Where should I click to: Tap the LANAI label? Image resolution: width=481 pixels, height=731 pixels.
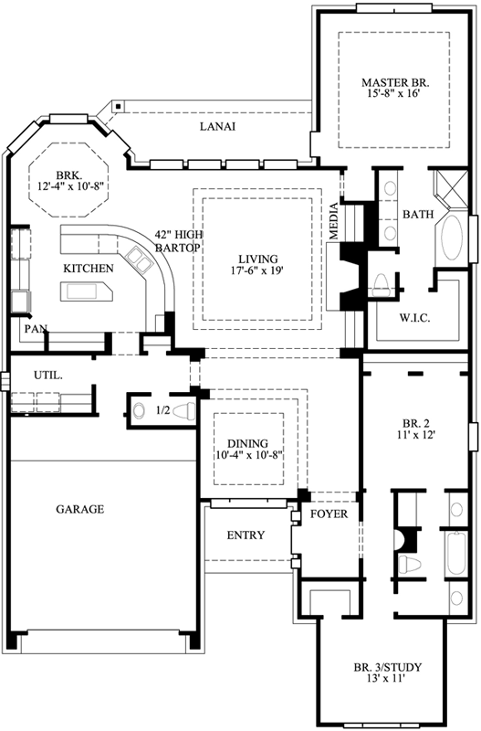pos(218,127)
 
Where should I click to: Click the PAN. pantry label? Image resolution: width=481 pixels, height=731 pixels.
pos(36,328)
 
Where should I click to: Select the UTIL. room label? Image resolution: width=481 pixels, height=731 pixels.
pos(47,376)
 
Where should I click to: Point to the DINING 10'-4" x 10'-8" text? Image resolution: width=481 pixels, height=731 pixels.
pos(249,447)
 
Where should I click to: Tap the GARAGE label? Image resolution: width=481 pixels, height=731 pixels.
pos(80,509)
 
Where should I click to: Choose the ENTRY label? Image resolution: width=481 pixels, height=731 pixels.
pos(245,535)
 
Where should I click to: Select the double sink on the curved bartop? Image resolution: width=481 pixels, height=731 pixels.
pos(141,265)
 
